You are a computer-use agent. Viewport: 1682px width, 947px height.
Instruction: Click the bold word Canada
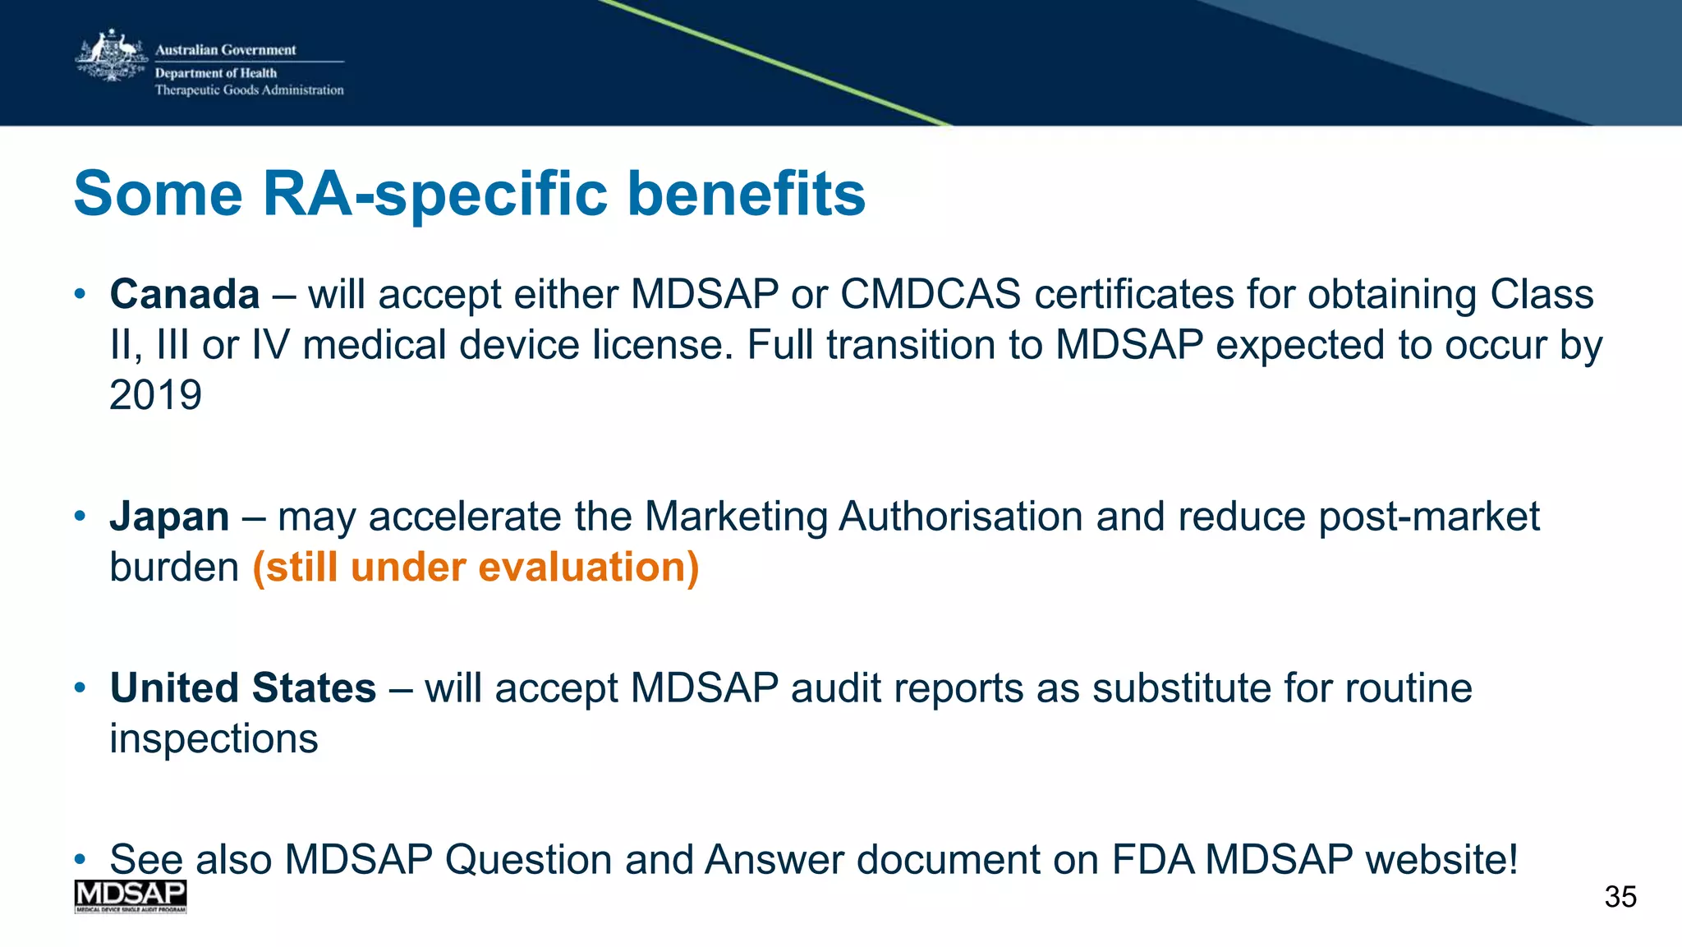[185, 294]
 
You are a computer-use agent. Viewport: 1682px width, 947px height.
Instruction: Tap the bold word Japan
[170, 517]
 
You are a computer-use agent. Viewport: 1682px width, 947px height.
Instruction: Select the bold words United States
[243, 687]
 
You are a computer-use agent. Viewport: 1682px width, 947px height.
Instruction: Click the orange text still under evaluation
[476, 568]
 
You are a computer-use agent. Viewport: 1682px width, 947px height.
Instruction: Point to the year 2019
[155, 395]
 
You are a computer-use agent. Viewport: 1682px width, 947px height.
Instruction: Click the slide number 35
[1620, 897]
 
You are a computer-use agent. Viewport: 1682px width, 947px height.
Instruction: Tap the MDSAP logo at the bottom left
[131, 896]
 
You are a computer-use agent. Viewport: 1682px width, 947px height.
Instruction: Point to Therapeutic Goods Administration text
[249, 90]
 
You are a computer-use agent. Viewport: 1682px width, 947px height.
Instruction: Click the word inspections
[214, 738]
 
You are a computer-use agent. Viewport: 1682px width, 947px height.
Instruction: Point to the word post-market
[1428, 517]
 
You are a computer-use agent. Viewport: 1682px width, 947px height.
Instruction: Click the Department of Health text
[216, 73]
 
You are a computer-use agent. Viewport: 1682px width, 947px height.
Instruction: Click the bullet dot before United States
[80, 687]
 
